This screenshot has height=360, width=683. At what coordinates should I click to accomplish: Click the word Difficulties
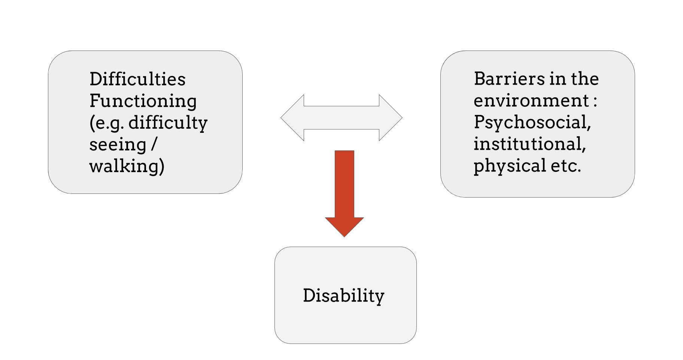coord(137,79)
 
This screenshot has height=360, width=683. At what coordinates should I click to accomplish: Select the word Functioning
coord(143,101)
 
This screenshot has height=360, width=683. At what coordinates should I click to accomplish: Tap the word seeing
coord(118,144)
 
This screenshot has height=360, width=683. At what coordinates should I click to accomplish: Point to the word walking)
coord(127,166)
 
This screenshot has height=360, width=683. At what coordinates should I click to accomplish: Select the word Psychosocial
coord(532,122)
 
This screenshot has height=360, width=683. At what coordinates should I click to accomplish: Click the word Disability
coord(343,296)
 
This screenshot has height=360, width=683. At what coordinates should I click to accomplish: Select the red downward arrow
coord(344,187)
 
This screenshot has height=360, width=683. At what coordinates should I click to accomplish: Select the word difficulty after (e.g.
coord(168,123)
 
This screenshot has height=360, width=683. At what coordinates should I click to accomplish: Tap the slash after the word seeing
coord(153,144)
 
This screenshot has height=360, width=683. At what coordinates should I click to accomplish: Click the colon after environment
coord(595,101)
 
